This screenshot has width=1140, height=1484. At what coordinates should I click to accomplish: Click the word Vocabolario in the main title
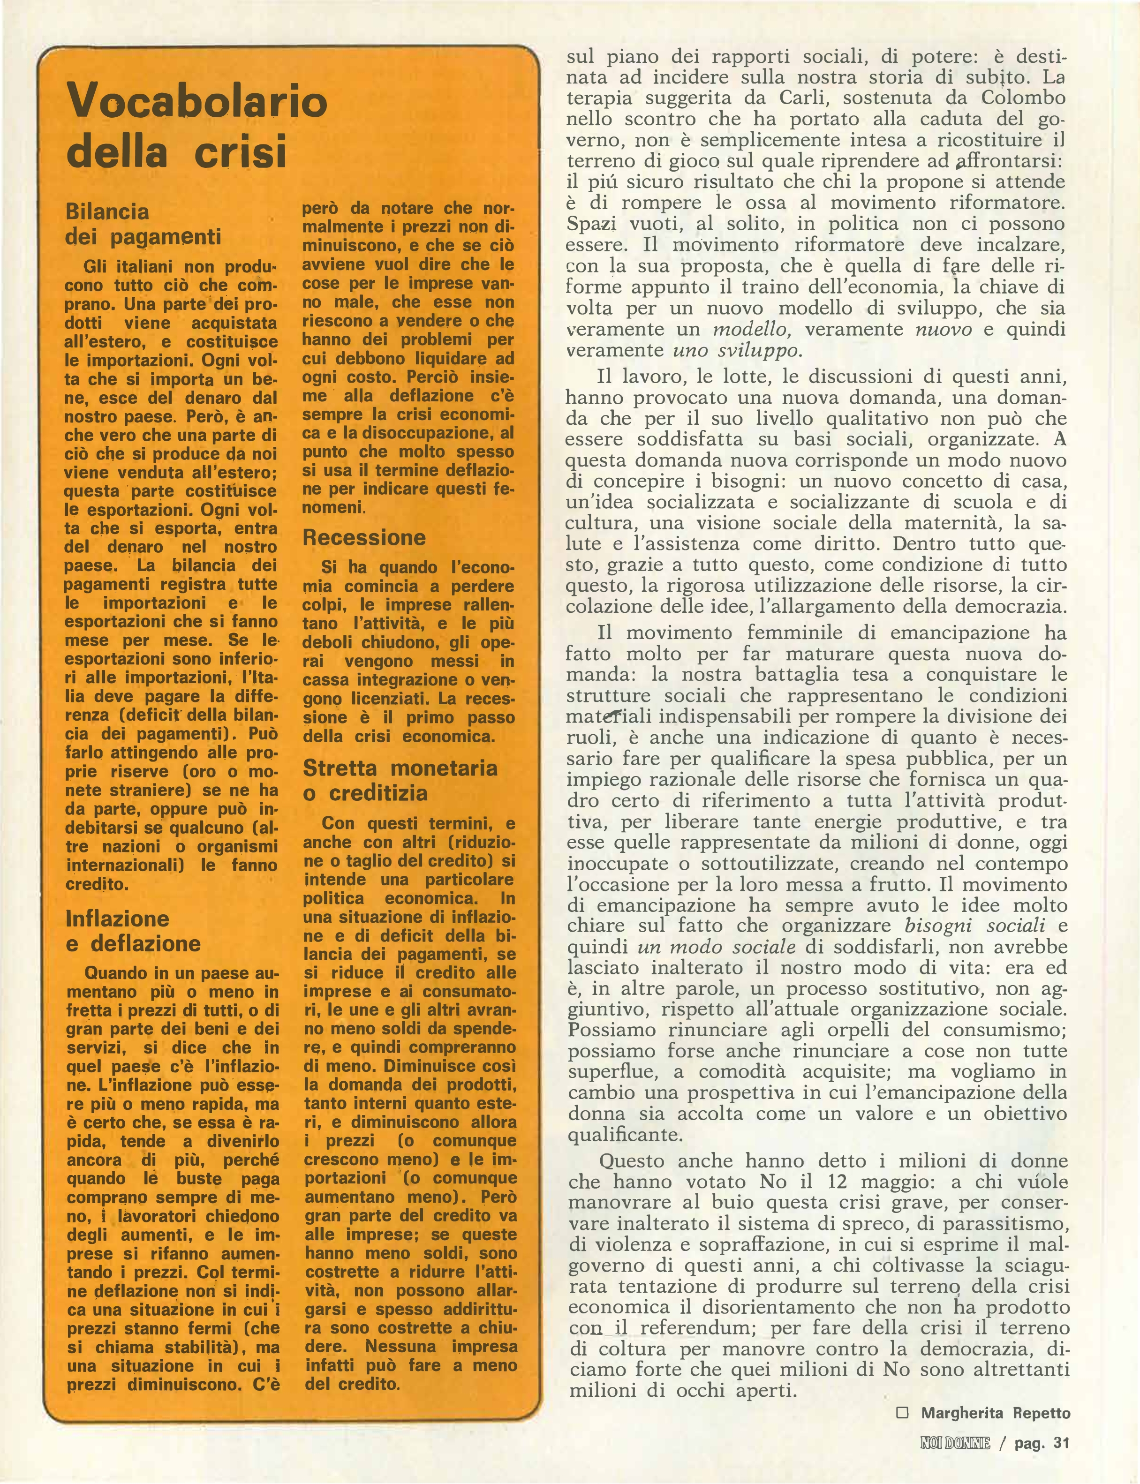tap(197, 102)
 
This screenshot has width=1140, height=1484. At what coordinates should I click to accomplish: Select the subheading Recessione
tap(364, 537)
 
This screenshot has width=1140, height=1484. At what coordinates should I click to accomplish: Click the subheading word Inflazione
tap(117, 918)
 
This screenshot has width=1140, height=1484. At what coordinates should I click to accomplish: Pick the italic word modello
tap(747, 330)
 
